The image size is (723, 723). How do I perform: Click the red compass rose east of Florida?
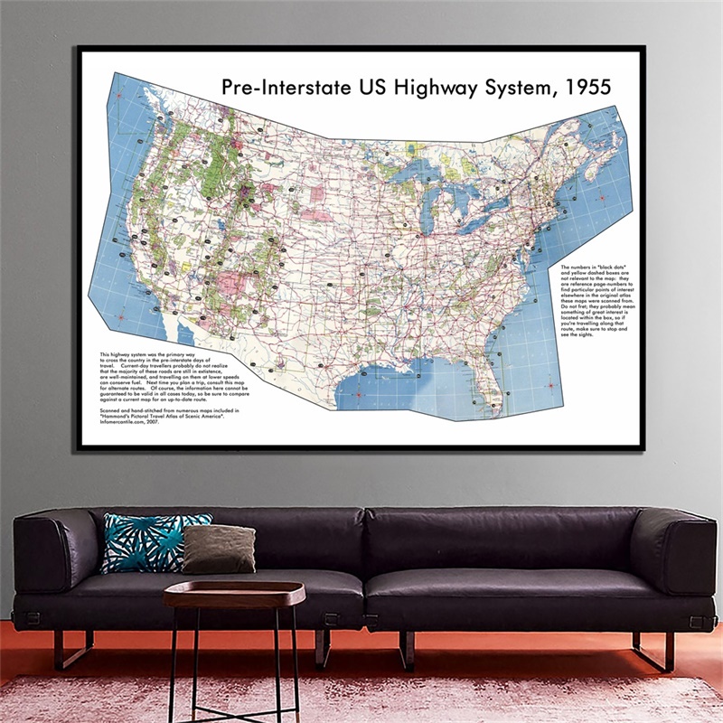[x=550, y=388]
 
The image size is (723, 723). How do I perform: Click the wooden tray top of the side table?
[x=234, y=594]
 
